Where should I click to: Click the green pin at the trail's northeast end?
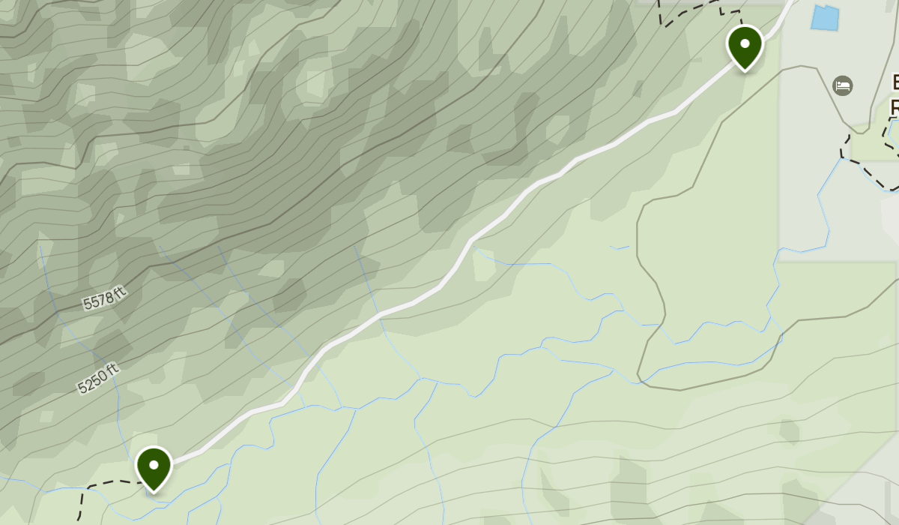tap(745, 46)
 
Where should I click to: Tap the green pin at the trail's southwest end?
tap(154, 467)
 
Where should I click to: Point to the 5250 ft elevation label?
tap(98, 379)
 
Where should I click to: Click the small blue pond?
tap(824, 18)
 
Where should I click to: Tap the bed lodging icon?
tap(843, 85)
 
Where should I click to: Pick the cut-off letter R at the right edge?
tap(895, 107)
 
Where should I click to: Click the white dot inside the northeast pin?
tap(745, 43)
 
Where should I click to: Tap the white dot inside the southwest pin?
tap(154, 464)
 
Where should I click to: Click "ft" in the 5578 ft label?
tap(118, 291)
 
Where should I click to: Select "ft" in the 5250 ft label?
tap(112, 370)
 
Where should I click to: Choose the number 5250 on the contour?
tap(93, 382)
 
